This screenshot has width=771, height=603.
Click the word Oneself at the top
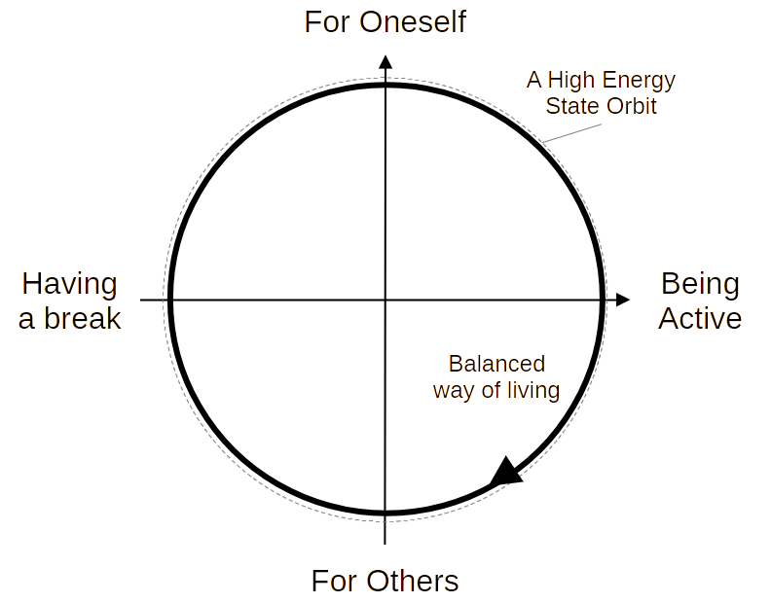411,21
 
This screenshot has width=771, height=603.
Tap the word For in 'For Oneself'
325,21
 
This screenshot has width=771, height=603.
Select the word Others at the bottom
411,582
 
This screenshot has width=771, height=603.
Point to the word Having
68,284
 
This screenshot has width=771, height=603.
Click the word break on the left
81,318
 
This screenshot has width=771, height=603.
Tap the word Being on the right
699,284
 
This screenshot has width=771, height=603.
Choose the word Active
699,318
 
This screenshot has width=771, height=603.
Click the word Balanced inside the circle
495,365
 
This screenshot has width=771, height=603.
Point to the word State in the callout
569,105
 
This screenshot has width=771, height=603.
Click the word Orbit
629,105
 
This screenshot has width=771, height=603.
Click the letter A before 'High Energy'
532,80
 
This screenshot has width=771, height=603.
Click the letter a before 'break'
25,319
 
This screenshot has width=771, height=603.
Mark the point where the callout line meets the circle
543,143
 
